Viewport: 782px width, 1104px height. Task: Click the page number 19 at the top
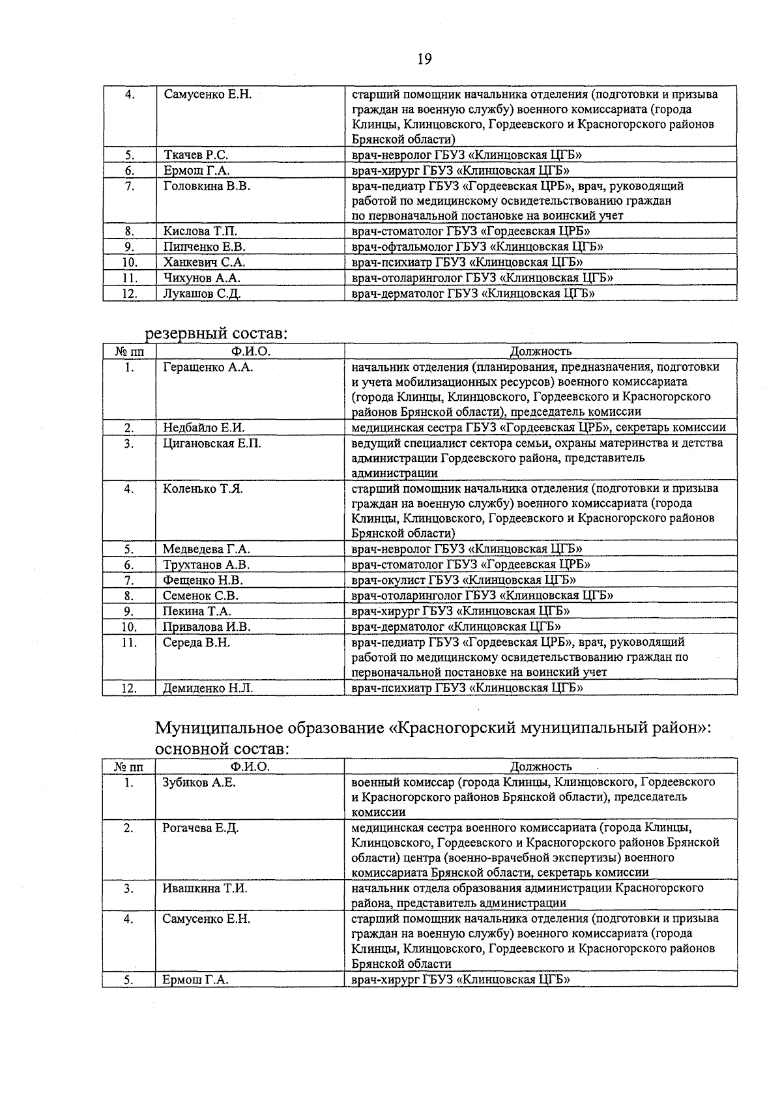coord(424,59)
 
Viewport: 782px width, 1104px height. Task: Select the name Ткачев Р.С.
coord(195,155)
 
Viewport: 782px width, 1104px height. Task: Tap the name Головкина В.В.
coord(207,186)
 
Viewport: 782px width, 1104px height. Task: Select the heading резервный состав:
coord(216,334)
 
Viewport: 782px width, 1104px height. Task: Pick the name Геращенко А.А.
coord(208,368)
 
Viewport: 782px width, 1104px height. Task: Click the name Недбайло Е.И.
coord(203,428)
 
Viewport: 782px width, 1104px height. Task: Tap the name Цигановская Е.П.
coord(212,444)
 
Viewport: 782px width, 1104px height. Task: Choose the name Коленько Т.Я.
coord(203,489)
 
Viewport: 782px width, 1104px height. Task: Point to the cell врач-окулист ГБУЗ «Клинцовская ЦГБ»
coord(463,580)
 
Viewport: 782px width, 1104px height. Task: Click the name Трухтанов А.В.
coord(206,565)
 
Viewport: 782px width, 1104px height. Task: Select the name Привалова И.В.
coord(207,627)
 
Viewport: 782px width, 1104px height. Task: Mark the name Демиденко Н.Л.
coord(208,688)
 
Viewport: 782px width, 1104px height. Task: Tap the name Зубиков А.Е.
coord(199,783)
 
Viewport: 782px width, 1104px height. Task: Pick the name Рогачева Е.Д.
coord(201,828)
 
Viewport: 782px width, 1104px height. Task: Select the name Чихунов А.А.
coord(201,278)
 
